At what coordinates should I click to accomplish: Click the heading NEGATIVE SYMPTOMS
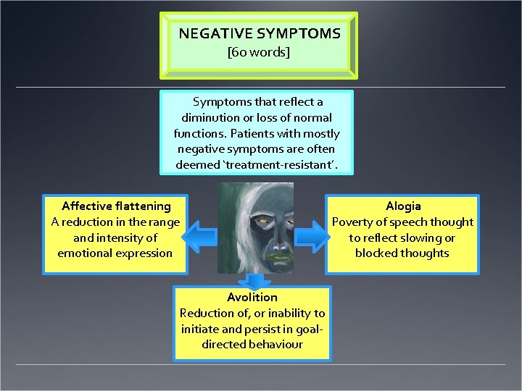click(x=259, y=33)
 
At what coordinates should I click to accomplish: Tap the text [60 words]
click(x=259, y=53)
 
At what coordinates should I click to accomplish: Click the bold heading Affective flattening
click(x=116, y=206)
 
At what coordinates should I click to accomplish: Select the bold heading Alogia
click(x=403, y=206)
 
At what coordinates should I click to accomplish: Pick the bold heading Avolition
click(x=252, y=297)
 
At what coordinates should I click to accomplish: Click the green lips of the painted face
click(x=259, y=253)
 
